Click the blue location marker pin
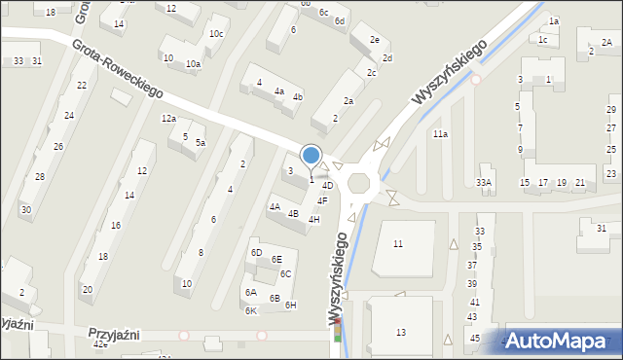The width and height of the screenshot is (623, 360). pyautogui.click(x=311, y=156)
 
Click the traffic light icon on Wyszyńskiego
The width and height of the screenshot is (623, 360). pyautogui.click(x=338, y=334)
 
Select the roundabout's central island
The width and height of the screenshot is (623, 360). pyautogui.click(x=359, y=183)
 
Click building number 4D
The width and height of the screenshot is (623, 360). pyautogui.click(x=328, y=185)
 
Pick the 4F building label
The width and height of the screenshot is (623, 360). pyautogui.click(x=322, y=201)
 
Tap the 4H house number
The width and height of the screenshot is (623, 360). pyautogui.click(x=313, y=220)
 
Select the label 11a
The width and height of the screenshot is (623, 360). pyautogui.click(x=440, y=134)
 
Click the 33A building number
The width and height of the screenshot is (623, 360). pyautogui.click(x=484, y=183)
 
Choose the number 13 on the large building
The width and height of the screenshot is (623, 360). pyautogui.click(x=401, y=333)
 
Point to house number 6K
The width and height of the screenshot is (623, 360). pyautogui.click(x=250, y=311)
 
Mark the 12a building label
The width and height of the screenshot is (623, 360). pyautogui.click(x=168, y=119)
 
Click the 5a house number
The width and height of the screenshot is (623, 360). pyautogui.click(x=200, y=143)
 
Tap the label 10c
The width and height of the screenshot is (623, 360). pyautogui.click(x=215, y=34)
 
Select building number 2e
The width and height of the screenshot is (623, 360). pyautogui.click(x=374, y=40)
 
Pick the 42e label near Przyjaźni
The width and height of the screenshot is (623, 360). pyautogui.click(x=99, y=344)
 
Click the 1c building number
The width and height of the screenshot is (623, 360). pyautogui.click(x=543, y=40)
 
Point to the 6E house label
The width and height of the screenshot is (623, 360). pyautogui.click(x=276, y=260)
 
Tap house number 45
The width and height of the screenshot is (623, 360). pyautogui.click(x=474, y=338)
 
